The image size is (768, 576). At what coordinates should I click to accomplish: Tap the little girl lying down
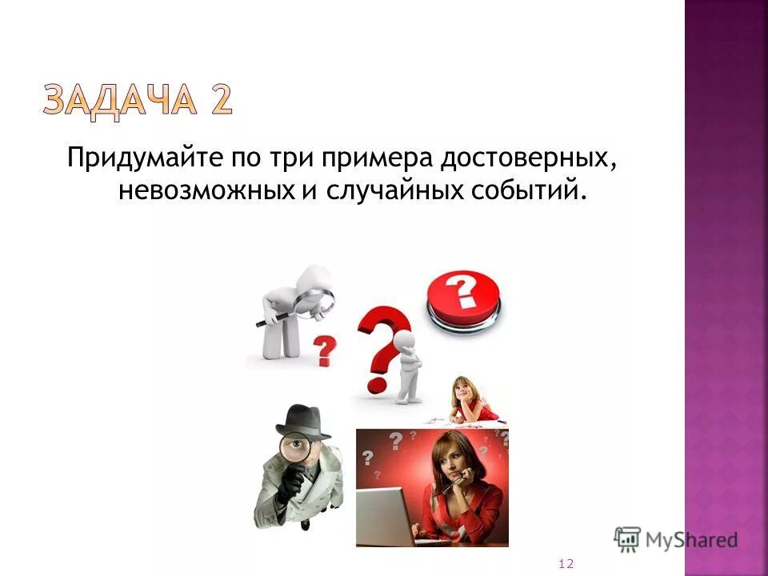467,400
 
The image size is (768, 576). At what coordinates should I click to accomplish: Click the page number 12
566,564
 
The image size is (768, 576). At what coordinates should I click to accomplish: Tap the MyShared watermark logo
675,539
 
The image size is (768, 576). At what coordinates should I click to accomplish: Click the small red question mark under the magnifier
324,350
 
